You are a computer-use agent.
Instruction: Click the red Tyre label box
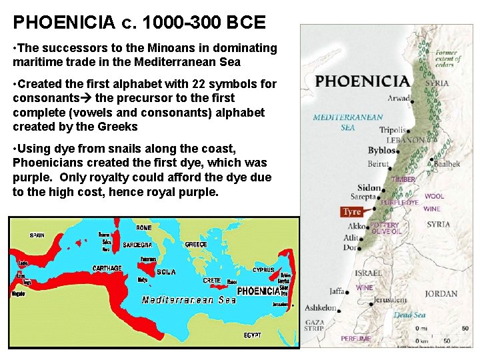point(351,212)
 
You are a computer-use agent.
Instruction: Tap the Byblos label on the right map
point(381,150)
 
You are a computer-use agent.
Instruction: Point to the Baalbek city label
point(447,163)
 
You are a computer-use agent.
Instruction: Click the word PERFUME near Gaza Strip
point(355,339)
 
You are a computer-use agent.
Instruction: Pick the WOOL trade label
point(434,196)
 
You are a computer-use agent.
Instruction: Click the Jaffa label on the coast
point(337,291)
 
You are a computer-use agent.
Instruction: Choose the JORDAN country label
point(441,293)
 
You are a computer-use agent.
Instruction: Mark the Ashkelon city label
point(321,308)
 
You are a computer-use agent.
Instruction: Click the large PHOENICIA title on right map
point(363,81)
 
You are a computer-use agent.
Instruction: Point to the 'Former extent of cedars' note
point(448,59)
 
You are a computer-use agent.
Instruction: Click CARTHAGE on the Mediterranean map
point(107,268)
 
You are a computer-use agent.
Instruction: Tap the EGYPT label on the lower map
point(253,335)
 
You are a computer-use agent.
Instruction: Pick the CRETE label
point(212,281)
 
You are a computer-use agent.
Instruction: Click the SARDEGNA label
point(137,245)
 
